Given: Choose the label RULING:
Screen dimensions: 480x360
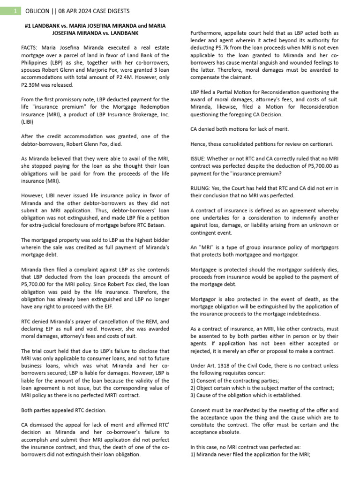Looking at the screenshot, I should click(x=202, y=187).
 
